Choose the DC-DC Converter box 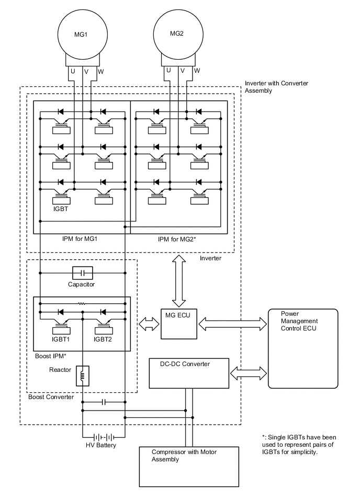pos(189,373)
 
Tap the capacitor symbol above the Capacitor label pos(82,273)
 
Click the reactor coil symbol pos(83,376)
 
